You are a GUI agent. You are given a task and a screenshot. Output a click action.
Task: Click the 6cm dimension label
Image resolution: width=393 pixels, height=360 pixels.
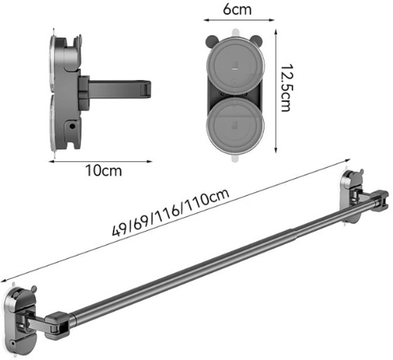[x=237, y=10]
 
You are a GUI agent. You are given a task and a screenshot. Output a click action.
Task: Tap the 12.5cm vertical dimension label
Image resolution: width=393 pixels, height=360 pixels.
[x=286, y=88]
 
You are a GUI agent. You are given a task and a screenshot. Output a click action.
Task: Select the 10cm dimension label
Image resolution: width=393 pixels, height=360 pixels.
[x=103, y=171]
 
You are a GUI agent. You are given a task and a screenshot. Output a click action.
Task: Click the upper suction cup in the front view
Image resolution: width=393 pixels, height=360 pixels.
[x=235, y=67]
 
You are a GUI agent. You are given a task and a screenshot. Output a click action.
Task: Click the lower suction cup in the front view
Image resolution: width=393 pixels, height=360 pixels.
[x=235, y=125]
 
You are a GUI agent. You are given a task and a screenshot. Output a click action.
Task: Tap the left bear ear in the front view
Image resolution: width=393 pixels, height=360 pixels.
[x=211, y=41]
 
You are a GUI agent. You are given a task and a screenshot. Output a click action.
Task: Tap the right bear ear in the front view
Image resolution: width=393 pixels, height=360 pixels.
[x=256, y=40]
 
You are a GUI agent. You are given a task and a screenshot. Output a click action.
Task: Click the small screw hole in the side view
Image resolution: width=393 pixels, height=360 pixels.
[x=72, y=126]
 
